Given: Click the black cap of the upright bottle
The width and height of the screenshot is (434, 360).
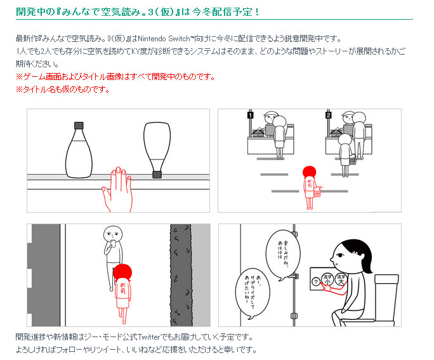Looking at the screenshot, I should pyautogui.click(x=80, y=125).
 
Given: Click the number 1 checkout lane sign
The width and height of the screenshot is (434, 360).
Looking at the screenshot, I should pyautogui.click(x=251, y=116).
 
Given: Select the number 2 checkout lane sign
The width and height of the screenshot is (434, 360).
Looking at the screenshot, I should pyautogui.click(x=328, y=116).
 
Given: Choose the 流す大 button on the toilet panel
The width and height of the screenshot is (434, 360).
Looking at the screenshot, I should pyautogui.click(x=341, y=278).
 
